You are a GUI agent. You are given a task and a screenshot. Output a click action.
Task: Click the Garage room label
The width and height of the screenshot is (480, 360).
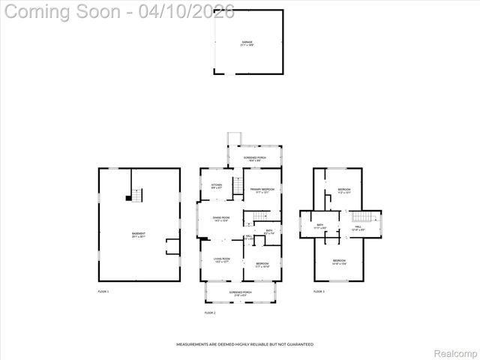tap(247, 43)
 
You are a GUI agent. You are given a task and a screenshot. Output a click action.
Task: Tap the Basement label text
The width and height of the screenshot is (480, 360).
tap(139, 235)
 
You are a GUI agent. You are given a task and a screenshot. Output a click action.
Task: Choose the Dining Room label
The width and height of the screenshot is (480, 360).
tap(220, 219)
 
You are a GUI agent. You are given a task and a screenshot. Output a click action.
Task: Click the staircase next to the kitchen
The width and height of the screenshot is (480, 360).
tap(237, 186)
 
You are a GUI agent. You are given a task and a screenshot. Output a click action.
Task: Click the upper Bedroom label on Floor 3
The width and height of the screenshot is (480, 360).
tap(343, 190)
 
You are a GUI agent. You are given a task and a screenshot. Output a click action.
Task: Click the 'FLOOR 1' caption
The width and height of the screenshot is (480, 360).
tap(103, 291)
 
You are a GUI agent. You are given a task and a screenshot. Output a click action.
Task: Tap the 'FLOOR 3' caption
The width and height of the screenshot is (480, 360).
tap(319, 291)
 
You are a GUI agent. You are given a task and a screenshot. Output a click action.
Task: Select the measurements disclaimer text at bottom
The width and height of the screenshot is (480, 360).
tap(244, 344)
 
